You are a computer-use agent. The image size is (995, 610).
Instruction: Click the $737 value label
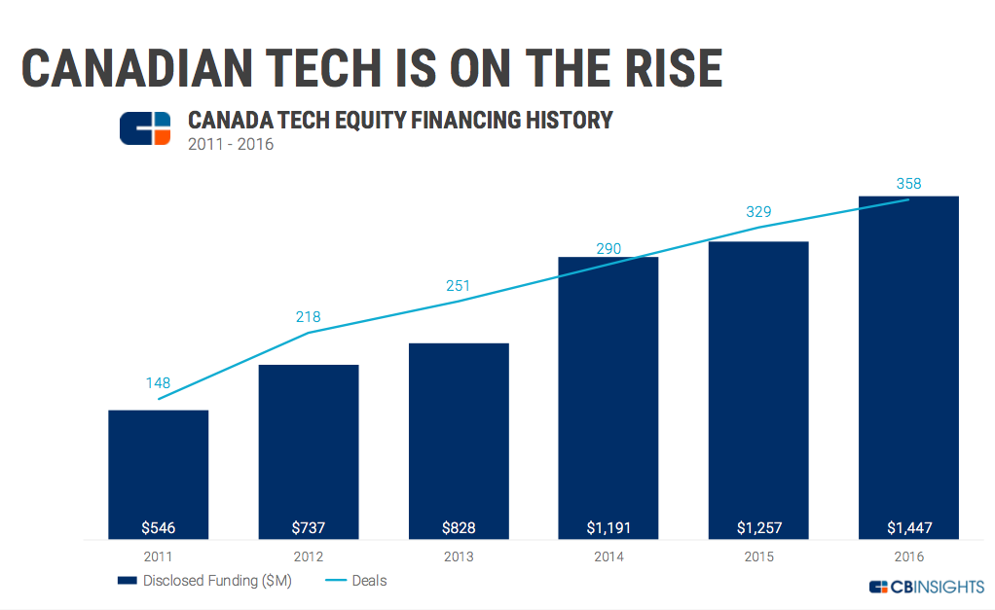(x=309, y=528)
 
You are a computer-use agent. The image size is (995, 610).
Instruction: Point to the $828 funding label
(x=459, y=528)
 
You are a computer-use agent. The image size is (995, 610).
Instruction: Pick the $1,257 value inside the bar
(x=758, y=528)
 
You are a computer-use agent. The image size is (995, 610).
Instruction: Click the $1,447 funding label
(x=908, y=528)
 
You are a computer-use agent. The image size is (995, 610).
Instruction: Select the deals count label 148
(x=158, y=382)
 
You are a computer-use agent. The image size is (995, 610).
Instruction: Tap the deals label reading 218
(x=309, y=317)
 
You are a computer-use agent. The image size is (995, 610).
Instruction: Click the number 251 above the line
(x=459, y=286)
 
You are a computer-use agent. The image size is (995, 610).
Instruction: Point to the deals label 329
(x=758, y=211)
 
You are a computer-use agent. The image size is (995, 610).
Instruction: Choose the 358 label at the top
(x=908, y=183)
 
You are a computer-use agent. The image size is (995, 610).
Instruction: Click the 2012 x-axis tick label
(x=309, y=556)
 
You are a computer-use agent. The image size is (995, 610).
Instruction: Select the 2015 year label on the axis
(x=758, y=556)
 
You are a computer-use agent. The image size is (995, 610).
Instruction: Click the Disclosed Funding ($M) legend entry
(x=204, y=581)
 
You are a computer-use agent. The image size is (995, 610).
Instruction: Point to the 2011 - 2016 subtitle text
(x=230, y=145)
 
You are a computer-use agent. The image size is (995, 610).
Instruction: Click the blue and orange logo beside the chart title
(x=145, y=128)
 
